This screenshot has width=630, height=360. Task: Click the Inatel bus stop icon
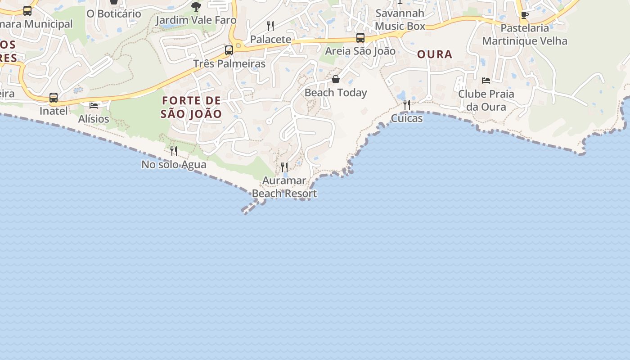(x=54, y=97)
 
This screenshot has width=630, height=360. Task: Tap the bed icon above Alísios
(x=94, y=105)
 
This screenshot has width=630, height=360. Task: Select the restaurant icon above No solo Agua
(x=174, y=151)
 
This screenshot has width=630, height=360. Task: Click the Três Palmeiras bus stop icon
(x=229, y=50)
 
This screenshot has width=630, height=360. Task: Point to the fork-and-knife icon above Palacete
(x=270, y=26)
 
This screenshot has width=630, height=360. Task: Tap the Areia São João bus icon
(x=360, y=38)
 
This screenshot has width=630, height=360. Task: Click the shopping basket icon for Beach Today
(x=336, y=80)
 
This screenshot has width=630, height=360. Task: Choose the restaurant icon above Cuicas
(x=407, y=105)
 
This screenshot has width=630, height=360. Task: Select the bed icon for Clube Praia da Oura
(x=486, y=81)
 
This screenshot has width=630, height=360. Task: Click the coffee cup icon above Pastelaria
(x=525, y=15)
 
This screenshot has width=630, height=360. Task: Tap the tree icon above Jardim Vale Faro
(x=196, y=7)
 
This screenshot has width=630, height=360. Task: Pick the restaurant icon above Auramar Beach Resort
(x=284, y=167)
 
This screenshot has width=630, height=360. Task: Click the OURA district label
(x=434, y=54)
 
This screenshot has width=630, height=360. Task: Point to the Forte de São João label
(x=191, y=107)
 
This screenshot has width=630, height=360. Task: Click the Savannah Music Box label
(x=400, y=20)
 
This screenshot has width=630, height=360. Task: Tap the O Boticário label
(x=114, y=14)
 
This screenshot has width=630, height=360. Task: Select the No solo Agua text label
(x=174, y=165)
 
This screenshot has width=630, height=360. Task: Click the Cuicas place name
(x=407, y=118)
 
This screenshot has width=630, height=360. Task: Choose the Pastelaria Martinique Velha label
(x=525, y=35)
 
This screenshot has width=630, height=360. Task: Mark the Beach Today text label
(x=336, y=93)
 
